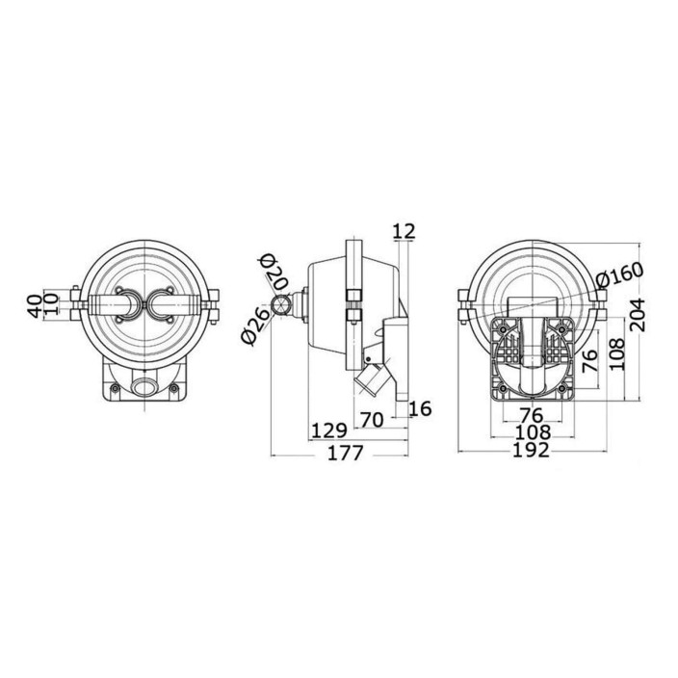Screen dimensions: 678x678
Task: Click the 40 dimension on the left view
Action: click(x=36, y=305)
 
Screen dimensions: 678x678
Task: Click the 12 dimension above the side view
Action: click(x=404, y=231)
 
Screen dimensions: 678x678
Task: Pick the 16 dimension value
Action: click(x=420, y=408)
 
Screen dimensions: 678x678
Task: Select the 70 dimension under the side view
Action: click(x=372, y=420)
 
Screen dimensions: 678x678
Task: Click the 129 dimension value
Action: click(x=329, y=431)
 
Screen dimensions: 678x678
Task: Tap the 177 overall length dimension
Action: click(x=346, y=454)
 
